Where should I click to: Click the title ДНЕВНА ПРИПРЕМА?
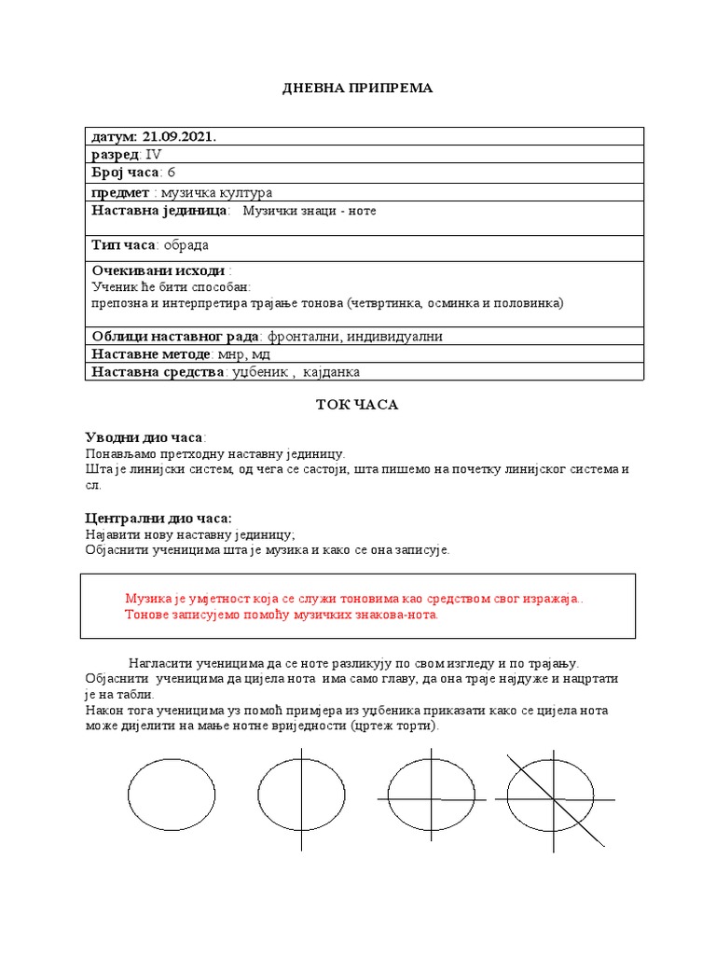[x=358, y=88]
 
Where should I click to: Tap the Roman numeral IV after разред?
[x=154, y=155]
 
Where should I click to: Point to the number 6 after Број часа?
[x=171, y=173]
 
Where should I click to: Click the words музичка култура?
[x=216, y=192]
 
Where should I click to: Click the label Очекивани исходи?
[x=153, y=270]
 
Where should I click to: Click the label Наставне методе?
[x=150, y=354]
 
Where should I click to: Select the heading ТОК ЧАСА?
[x=358, y=406]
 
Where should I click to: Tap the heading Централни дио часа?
[x=158, y=518]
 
